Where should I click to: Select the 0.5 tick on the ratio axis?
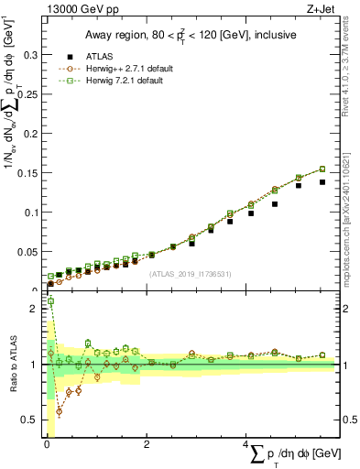29,420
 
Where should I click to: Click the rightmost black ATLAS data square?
322,182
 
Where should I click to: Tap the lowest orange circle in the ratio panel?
60,411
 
